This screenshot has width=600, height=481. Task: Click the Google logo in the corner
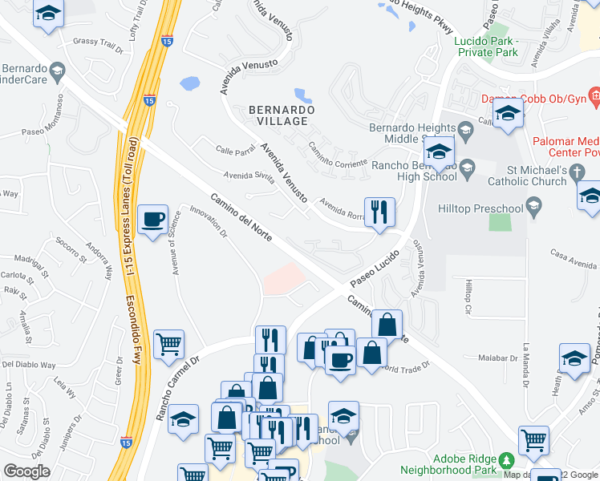[26, 471]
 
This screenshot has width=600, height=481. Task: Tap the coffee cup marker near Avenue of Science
[152, 219]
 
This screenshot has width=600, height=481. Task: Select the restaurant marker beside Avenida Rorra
[379, 212]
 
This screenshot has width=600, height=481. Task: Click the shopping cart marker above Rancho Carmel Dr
[168, 345]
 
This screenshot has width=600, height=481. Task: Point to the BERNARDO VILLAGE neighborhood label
[278, 115]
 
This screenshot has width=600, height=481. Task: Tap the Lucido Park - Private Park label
[486, 46]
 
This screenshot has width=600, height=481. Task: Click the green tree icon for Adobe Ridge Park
[506, 459]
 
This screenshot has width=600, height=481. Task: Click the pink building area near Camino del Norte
[284, 279]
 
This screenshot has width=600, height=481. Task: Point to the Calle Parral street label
[235, 149]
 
